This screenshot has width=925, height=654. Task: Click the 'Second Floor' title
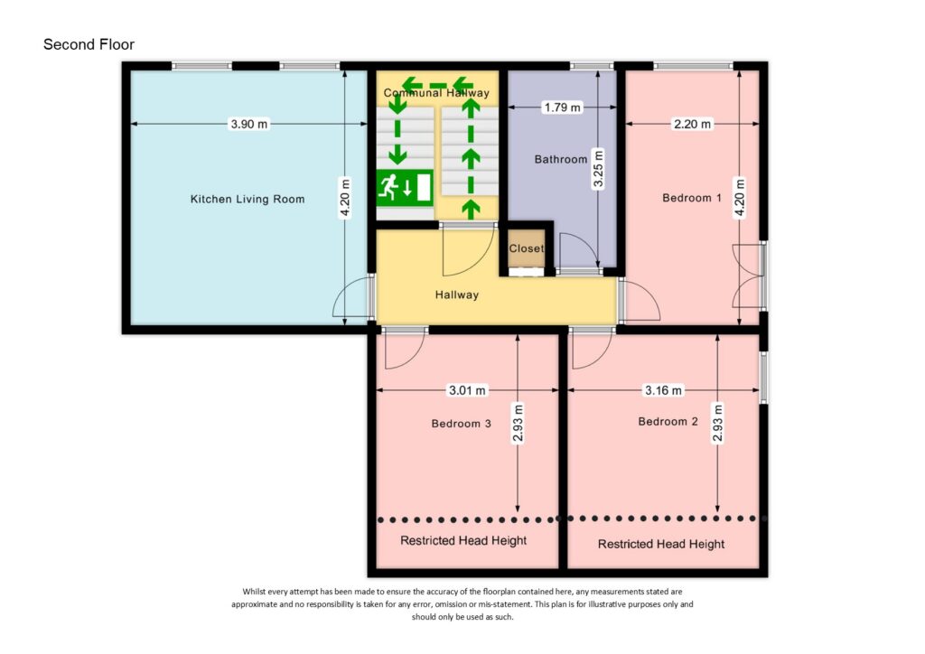(x=89, y=44)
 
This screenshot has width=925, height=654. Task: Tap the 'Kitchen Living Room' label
(x=247, y=199)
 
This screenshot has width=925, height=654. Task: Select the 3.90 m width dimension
(x=248, y=125)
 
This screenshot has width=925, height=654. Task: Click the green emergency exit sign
(x=404, y=188)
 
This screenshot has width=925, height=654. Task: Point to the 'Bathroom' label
(x=560, y=160)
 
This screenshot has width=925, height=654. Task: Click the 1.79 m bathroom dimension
(x=562, y=107)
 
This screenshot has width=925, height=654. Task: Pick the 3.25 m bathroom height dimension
(x=597, y=168)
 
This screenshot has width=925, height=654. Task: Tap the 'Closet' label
(x=526, y=248)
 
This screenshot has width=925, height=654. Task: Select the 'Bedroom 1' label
(x=691, y=198)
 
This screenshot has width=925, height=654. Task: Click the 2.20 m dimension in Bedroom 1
(x=692, y=124)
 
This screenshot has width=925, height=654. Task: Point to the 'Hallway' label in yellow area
(x=456, y=294)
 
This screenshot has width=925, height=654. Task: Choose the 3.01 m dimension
(x=467, y=390)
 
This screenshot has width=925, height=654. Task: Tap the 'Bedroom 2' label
(x=668, y=421)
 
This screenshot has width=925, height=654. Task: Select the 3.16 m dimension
(x=662, y=390)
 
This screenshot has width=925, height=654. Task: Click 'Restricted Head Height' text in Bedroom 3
(x=463, y=540)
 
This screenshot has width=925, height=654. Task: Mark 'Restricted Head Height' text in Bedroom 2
(x=661, y=544)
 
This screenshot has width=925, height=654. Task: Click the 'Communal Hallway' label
(x=436, y=93)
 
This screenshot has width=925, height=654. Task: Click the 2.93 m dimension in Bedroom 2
(x=717, y=423)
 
